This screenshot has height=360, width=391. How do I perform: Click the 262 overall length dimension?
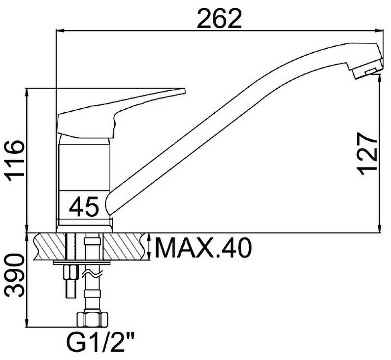219,19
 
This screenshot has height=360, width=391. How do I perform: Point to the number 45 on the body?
84,207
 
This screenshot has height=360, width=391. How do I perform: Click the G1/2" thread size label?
100,343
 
